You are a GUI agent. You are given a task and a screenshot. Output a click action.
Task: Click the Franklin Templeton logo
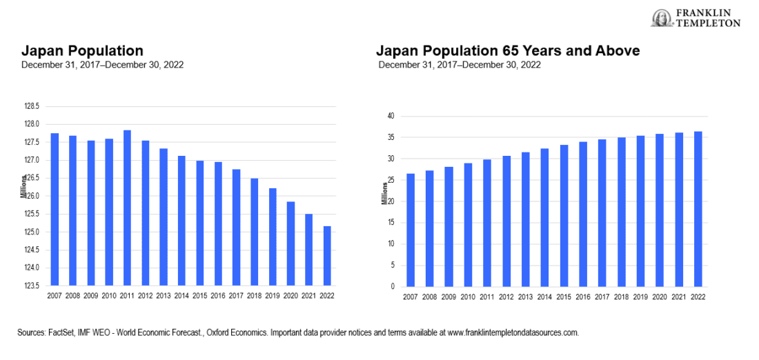696,19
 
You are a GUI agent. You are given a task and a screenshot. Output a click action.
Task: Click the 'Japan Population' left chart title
82,51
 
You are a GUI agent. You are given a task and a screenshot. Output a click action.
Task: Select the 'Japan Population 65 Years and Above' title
508,51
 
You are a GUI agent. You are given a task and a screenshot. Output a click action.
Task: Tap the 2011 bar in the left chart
126,207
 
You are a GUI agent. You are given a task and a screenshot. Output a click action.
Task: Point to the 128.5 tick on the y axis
31,106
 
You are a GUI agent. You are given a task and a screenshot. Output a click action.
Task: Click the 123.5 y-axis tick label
31,286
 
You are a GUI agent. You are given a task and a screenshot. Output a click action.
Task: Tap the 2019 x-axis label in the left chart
270,296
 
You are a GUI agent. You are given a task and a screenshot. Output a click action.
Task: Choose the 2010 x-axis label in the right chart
468,297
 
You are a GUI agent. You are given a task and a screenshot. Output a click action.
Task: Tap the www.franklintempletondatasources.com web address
513,332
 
